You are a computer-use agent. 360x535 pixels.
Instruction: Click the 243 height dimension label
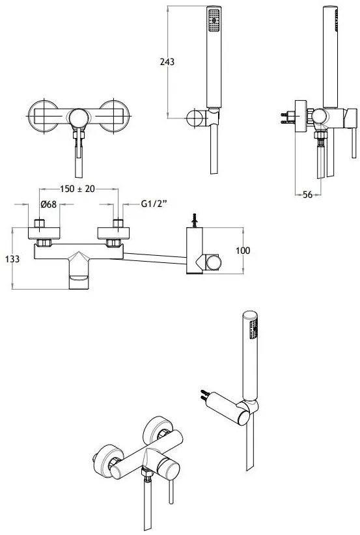(167, 62)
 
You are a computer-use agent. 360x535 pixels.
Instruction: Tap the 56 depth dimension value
(307, 195)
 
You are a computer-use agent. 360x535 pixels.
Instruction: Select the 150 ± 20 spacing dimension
(77, 189)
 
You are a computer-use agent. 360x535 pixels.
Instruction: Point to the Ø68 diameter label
(48, 204)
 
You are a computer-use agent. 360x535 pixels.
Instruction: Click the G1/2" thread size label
(154, 204)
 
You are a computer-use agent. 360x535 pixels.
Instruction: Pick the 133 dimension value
(12, 259)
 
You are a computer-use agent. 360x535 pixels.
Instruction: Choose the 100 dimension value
(243, 251)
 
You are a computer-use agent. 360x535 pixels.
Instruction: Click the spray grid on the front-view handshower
(214, 20)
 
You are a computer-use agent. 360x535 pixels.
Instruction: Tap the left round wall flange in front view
(43, 116)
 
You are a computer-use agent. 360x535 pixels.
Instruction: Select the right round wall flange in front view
(115, 116)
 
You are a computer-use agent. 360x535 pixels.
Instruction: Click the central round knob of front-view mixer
(79, 118)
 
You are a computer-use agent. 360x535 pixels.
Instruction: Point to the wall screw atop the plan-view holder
(195, 220)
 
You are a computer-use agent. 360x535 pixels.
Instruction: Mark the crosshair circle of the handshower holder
(195, 118)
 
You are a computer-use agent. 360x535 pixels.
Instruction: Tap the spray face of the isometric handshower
(253, 329)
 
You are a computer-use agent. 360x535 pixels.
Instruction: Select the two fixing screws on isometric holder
(205, 395)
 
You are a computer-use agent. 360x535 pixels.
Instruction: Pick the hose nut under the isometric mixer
(146, 474)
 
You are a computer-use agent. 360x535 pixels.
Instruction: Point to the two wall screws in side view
(288, 118)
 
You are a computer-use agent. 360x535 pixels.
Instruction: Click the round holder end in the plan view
(214, 262)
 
